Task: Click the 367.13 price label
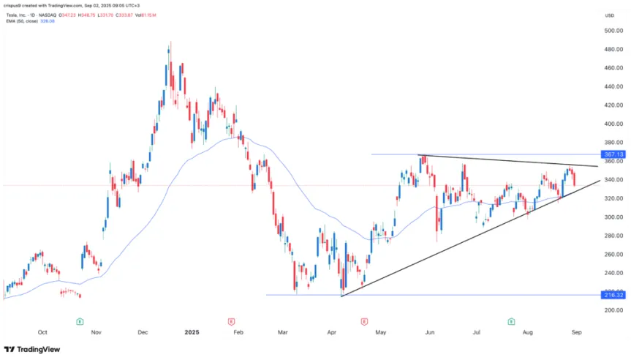(613, 155)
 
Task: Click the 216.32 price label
(613, 296)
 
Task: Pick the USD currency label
(609, 15)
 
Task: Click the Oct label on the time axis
(42, 332)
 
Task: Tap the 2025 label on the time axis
(192, 332)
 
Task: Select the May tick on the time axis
(380, 332)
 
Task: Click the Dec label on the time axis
(143, 332)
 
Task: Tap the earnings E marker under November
(79, 321)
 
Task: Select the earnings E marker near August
(511, 321)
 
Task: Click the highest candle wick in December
(170, 42)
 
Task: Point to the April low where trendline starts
(341, 296)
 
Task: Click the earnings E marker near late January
(231, 321)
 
